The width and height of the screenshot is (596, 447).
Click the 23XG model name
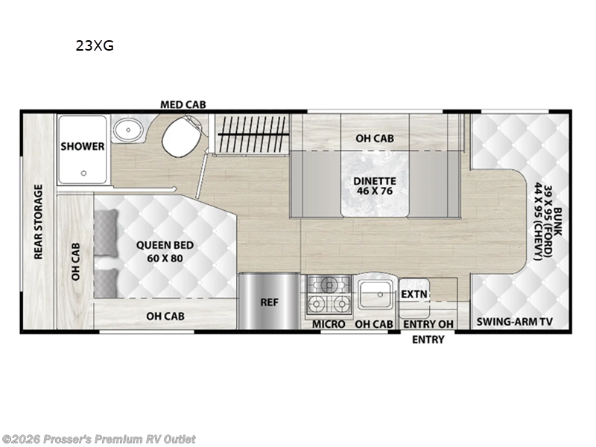(x=94, y=46)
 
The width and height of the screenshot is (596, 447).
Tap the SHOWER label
(x=82, y=146)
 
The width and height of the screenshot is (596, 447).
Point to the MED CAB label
(x=183, y=105)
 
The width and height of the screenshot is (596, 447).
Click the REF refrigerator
(x=268, y=302)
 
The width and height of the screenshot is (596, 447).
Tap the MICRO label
(x=329, y=324)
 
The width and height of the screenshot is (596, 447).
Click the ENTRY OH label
(x=428, y=324)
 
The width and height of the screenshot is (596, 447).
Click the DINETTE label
(x=374, y=181)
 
